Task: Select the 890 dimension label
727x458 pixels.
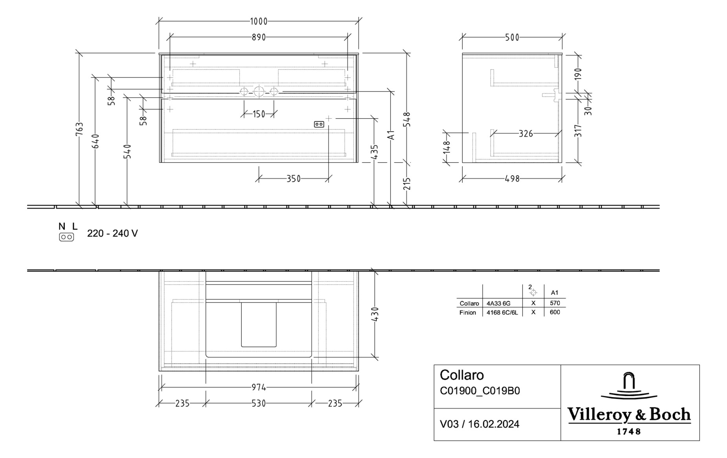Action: (x=258, y=37)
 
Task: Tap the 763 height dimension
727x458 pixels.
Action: (x=80, y=130)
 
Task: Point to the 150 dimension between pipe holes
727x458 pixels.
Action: (x=259, y=114)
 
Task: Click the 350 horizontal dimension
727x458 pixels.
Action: (x=293, y=179)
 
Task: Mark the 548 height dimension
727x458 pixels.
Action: (x=407, y=119)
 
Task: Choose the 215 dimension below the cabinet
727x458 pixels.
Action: (x=407, y=183)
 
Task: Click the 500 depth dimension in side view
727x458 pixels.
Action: (x=512, y=37)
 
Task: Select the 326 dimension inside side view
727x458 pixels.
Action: (x=526, y=134)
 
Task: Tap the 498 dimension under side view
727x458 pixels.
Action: (x=512, y=179)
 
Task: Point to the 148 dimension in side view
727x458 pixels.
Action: (x=447, y=148)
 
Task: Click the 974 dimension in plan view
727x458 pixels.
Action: (x=258, y=388)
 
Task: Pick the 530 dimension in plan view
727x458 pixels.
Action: (x=258, y=403)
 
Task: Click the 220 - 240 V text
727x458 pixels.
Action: (x=112, y=234)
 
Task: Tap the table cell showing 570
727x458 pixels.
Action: (x=555, y=303)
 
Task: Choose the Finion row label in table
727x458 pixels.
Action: (x=468, y=313)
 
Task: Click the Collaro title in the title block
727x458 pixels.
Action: (x=461, y=375)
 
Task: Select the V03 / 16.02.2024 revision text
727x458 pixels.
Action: (x=479, y=424)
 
